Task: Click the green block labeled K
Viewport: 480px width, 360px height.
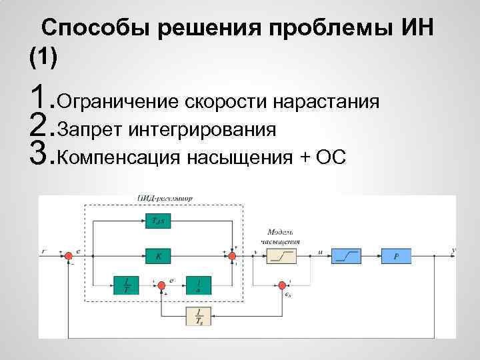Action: [x=158, y=255]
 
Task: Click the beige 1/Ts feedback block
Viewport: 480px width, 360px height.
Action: [x=199, y=315]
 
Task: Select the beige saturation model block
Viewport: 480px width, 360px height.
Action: [x=281, y=255]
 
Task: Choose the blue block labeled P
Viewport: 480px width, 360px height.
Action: [x=396, y=255]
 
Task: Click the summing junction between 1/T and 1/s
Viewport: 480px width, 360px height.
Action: [x=160, y=286]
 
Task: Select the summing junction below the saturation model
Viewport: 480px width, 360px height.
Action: [x=281, y=286]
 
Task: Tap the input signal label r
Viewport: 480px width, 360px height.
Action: [x=44, y=252]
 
